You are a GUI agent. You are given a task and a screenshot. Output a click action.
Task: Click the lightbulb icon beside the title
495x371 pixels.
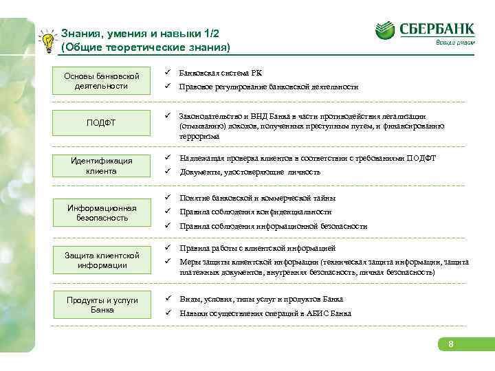(x=46, y=41)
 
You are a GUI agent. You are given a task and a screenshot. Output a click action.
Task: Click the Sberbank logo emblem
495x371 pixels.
(x=385, y=31)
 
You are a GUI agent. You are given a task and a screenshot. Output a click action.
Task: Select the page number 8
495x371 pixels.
(x=450, y=343)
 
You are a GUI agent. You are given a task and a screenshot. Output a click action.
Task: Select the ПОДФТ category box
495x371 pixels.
(x=101, y=123)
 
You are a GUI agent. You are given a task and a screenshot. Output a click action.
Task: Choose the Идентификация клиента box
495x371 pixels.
(x=101, y=166)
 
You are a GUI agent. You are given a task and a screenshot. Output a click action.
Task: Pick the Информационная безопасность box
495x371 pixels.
(x=101, y=213)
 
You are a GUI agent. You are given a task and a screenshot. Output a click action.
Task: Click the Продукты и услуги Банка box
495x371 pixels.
(x=101, y=305)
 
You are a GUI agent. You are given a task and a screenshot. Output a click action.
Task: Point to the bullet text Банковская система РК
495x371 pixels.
(x=220, y=73)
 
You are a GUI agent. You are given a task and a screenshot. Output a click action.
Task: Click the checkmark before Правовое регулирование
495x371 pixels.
(x=167, y=87)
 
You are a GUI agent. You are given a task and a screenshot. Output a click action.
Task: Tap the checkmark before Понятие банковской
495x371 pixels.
(x=167, y=198)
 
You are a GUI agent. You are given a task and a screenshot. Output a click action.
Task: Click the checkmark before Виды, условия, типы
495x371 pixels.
(x=167, y=300)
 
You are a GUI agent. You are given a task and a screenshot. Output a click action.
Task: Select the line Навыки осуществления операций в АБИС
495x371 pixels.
(x=265, y=313)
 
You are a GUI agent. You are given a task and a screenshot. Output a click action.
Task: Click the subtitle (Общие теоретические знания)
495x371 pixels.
(x=145, y=47)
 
